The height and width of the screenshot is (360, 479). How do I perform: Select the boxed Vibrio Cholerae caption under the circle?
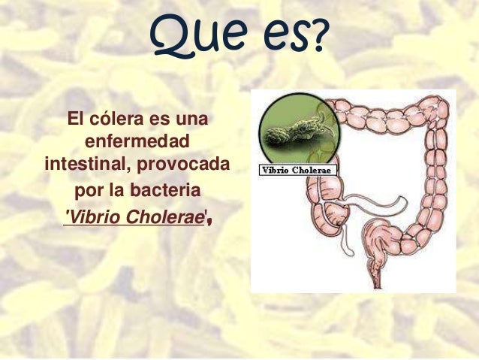coord(298,171)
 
